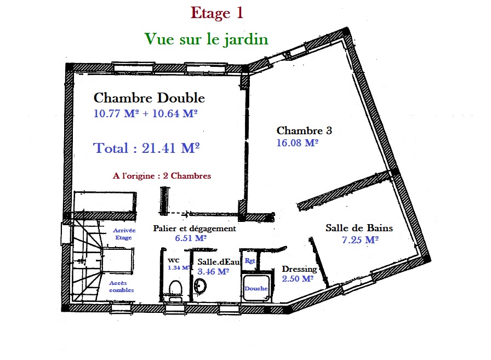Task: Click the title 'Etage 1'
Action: [216, 13]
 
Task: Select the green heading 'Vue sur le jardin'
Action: [206, 39]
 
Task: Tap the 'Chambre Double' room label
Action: [149, 98]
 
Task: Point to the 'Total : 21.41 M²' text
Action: [146, 148]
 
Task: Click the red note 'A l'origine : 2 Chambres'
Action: [162, 176]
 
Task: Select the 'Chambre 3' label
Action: [304, 131]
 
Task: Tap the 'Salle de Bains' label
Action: [359, 228]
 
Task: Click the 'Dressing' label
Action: [299, 269]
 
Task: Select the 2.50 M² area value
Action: [297, 279]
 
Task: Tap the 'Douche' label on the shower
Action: [256, 288]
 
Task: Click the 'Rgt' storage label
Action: [250, 261]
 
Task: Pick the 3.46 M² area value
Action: [213, 271]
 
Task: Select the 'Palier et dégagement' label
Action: [195, 228]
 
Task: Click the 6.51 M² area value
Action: [191, 239]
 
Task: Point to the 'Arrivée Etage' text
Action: [124, 235]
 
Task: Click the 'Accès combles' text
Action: [121, 286]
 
